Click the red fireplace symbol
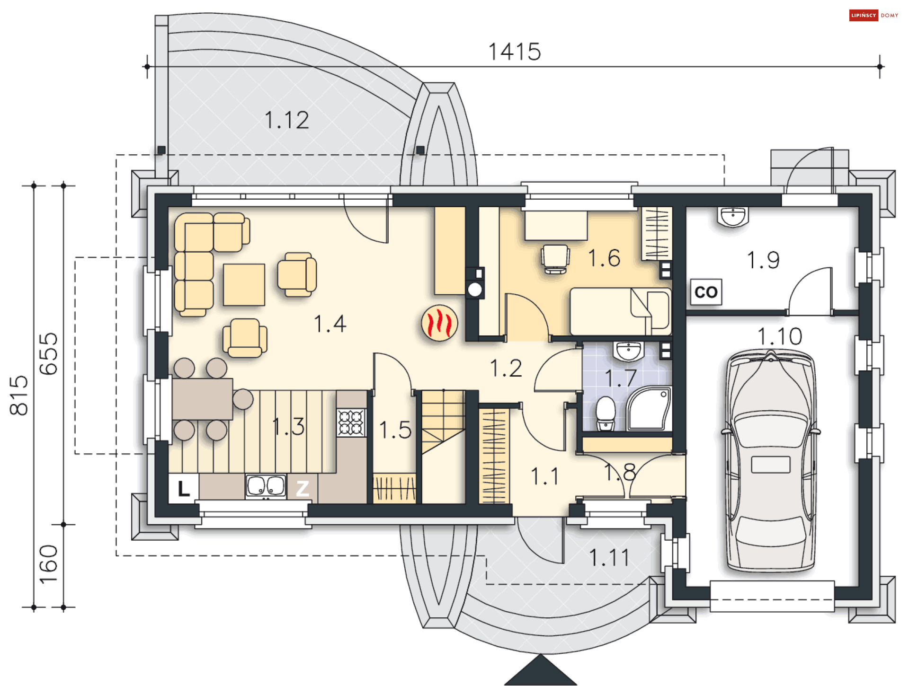click(x=439, y=323)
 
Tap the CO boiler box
click(x=706, y=292)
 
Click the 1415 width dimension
click(x=515, y=52)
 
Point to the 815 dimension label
click(x=19, y=396)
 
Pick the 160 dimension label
click(x=48, y=564)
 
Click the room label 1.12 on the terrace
click(x=287, y=120)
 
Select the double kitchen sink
click(x=266, y=486)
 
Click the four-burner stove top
click(x=351, y=422)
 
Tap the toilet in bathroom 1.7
click(x=606, y=413)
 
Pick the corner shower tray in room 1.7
click(x=649, y=409)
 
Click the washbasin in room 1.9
click(x=733, y=217)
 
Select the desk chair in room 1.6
click(x=555, y=259)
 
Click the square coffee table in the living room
click(x=244, y=285)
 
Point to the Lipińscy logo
click(x=874, y=16)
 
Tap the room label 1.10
click(x=780, y=337)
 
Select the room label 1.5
click(x=395, y=431)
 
